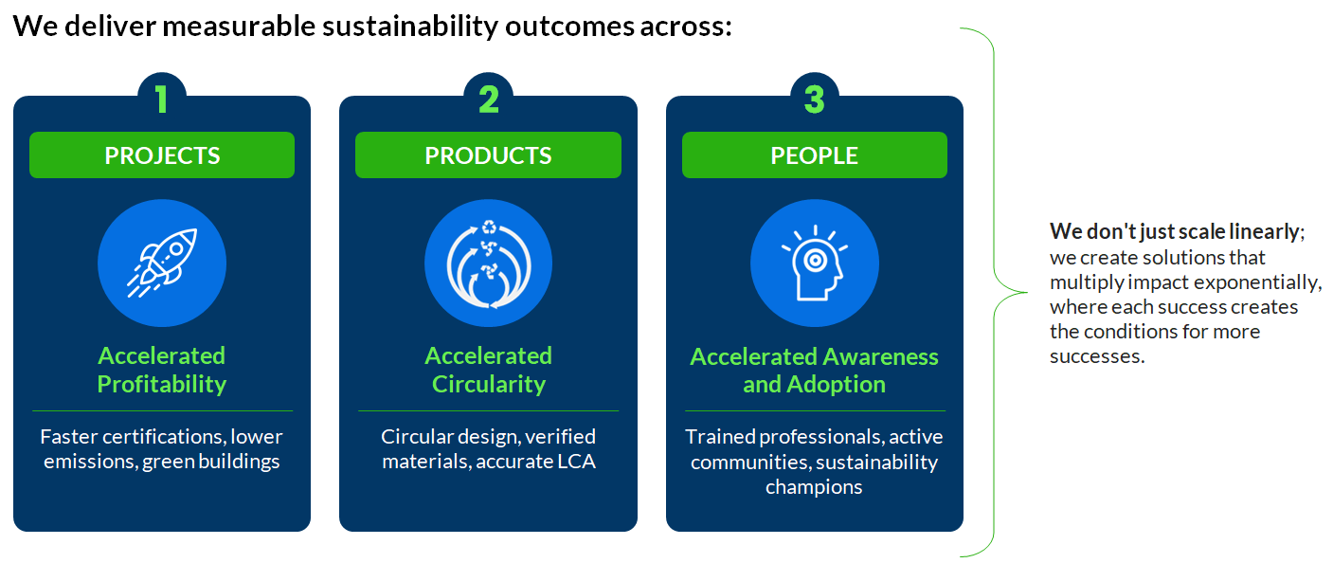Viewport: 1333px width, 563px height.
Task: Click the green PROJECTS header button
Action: (x=162, y=154)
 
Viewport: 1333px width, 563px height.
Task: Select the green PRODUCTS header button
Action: (x=488, y=154)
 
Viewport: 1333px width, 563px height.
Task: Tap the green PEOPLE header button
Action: (x=814, y=154)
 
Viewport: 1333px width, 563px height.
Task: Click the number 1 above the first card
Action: (x=161, y=99)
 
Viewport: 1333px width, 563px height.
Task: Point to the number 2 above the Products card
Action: (x=489, y=99)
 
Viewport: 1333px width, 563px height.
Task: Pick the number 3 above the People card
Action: (x=814, y=99)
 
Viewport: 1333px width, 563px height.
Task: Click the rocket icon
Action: (x=162, y=263)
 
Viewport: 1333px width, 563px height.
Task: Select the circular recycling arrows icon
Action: (x=489, y=263)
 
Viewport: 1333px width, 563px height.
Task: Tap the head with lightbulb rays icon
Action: (x=815, y=263)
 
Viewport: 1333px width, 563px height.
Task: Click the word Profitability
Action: (x=162, y=384)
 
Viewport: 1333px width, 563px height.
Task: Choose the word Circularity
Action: (x=489, y=384)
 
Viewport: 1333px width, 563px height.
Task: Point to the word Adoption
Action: (x=836, y=385)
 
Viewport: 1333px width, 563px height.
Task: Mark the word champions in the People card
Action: (x=814, y=487)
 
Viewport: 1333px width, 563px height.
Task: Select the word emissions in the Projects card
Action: (x=90, y=462)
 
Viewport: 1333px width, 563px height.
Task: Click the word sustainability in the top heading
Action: (x=410, y=27)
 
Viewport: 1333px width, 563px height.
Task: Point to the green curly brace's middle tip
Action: (x=1027, y=292)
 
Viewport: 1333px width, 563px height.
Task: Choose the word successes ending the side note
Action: (x=1097, y=356)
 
